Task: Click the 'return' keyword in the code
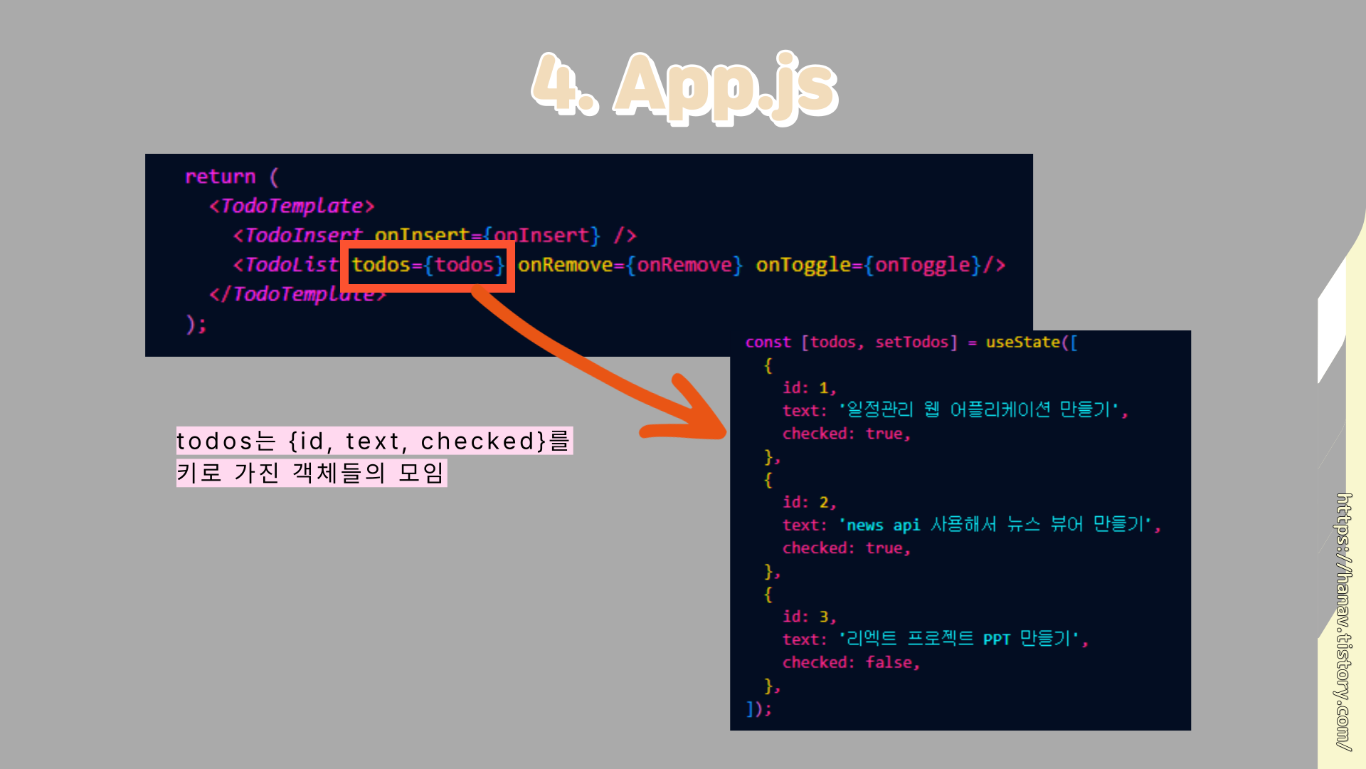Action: pyautogui.click(x=220, y=177)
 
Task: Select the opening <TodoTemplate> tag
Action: pyautogui.click(x=292, y=206)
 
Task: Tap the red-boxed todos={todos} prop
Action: pyautogui.click(x=428, y=265)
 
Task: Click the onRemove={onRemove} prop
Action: pyautogui.click(x=630, y=265)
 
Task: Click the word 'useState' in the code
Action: pyautogui.click(x=1023, y=342)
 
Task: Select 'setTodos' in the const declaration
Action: pyautogui.click(x=911, y=342)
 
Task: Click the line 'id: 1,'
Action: pyautogui.click(x=809, y=388)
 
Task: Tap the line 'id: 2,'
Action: pyautogui.click(x=809, y=503)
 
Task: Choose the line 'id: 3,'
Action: pyautogui.click(x=809, y=617)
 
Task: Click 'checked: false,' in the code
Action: pyautogui.click(x=851, y=663)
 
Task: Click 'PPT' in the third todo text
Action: pyautogui.click(x=996, y=639)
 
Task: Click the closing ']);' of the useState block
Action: pyautogui.click(x=758, y=709)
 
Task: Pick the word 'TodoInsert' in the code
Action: pyautogui.click(x=303, y=236)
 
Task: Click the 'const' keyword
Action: pyautogui.click(x=768, y=342)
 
